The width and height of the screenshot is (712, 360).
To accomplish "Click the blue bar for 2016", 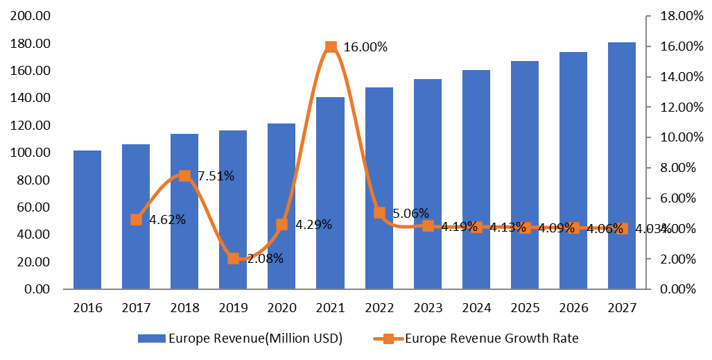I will point(87,219).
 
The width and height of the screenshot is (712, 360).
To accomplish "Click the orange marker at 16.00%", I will point(331,47).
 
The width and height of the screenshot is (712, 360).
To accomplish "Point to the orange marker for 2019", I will point(234,259).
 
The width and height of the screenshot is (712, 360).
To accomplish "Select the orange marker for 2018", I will point(185,175).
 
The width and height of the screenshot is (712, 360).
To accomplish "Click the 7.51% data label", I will point(216,176).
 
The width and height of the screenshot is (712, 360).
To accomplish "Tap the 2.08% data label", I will point(265,259).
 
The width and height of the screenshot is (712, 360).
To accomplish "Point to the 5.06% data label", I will point(411,213).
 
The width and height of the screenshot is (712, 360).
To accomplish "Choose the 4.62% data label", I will point(168,220).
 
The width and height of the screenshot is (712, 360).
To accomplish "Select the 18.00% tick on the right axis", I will point(676,16).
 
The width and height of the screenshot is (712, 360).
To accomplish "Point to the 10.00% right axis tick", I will point(676,137).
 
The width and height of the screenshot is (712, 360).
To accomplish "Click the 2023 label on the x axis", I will point(427,307).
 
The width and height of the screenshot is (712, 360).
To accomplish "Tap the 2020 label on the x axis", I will point(281,307).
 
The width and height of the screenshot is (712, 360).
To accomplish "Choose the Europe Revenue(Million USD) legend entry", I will point(240,338).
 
